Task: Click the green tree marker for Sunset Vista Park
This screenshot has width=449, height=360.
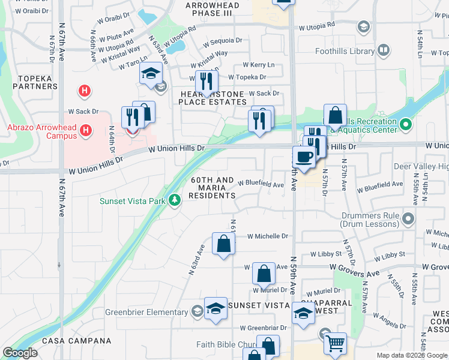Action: click(174, 200)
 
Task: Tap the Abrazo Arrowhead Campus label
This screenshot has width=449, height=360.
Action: click(42, 131)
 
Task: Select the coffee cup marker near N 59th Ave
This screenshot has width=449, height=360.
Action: click(304, 157)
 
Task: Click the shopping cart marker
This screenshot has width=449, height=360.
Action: click(335, 344)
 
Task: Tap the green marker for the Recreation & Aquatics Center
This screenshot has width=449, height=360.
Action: click(406, 125)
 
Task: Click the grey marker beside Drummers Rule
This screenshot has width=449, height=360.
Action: click(409, 217)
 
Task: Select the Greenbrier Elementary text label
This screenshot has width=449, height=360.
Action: click(147, 312)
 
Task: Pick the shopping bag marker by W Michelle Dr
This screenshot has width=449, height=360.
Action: click(223, 244)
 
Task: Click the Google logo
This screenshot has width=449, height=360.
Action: click(20, 353)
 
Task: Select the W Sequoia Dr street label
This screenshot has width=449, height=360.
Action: click(222, 42)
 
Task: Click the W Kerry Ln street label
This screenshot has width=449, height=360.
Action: click(258, 65)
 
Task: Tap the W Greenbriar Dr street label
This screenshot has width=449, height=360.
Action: click(264, 328)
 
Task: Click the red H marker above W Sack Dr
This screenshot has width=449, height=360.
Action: click(85, 91)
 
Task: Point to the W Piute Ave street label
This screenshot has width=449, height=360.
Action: click(116, 35)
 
